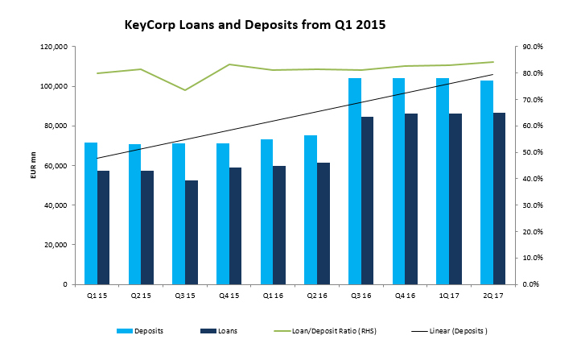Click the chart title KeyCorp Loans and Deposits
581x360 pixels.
coord(255,25)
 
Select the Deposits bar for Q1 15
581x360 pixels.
coord(91,213)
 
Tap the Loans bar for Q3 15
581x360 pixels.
coord(192,233)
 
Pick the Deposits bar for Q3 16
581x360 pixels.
coord(355,181)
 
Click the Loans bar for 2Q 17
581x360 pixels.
coord(499,199)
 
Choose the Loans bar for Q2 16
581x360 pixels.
coord(323,224)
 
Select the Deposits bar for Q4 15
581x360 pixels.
coord(223,214)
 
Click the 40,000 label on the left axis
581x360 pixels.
coord(56,205)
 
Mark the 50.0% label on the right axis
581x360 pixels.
coord(533,152)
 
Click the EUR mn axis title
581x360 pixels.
coord(33,165)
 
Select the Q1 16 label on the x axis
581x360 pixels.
coord(273,296)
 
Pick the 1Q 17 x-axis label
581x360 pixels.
coord(449,296)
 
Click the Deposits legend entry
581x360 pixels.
coord(140,331)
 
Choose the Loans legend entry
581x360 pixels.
coord(219,331)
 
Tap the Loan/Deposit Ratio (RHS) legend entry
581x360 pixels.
coord(325,331)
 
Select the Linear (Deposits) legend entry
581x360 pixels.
coord(450,331)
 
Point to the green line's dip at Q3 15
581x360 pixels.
coord(185,90)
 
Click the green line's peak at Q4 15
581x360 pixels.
coord(229,64)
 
